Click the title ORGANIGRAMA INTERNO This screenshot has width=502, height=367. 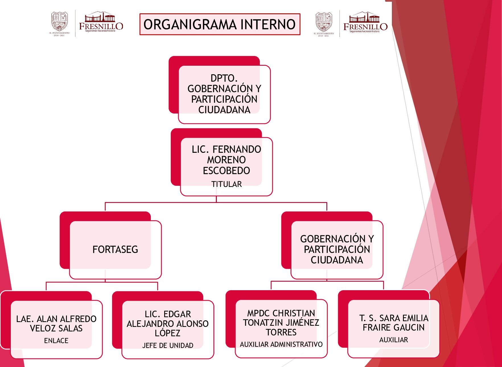219,24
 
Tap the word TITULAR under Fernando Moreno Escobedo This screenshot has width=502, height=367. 227,184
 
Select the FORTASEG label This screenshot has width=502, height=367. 115,250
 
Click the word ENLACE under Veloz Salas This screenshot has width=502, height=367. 56,341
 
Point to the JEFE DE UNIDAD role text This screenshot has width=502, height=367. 168,345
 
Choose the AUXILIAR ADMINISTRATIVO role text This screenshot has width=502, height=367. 281,344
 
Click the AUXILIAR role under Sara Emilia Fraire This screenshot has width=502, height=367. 394,340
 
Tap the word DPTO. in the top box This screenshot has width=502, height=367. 224,78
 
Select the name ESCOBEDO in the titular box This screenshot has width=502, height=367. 227,171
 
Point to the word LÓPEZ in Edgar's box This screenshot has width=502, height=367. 168,333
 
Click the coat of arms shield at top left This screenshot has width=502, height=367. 59,21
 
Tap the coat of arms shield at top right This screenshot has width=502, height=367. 324,22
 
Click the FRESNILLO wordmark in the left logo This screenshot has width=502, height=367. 101,26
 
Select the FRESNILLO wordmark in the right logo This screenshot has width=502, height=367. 365,27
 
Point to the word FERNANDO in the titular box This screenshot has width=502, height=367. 237,149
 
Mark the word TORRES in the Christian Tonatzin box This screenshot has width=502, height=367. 281,332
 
